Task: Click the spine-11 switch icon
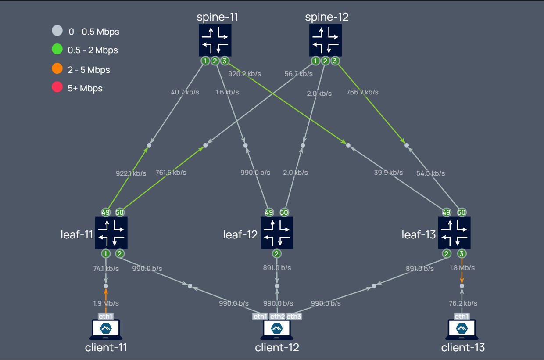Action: (215, 40)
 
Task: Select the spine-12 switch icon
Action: (326, 40)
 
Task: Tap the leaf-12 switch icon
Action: (277, 233)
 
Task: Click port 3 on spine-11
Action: (225, 61)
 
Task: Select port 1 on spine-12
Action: (315, 61)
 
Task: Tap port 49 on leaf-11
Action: (106, 212)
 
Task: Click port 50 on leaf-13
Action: (462, 212)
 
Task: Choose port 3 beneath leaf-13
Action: (462, 253)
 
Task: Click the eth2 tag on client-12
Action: (277, 316)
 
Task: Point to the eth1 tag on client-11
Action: (106, 316)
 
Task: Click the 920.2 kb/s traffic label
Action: (245, 74)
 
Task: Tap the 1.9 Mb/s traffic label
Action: (106, 303)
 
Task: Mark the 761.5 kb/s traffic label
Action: (171, 173)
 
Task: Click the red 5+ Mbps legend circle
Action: (57, 87)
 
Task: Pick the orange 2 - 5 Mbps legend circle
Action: (57, 69)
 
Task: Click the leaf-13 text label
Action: (419, 234)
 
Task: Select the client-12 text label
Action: (277, 348)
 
